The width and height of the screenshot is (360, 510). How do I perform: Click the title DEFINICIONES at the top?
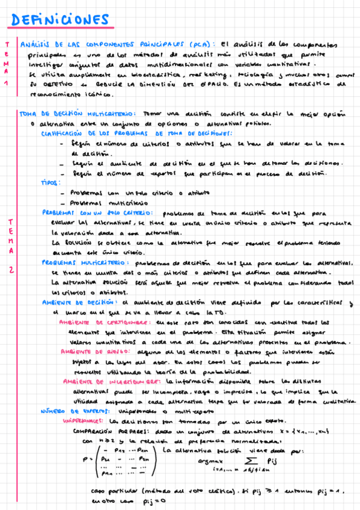click(x=60, y=20)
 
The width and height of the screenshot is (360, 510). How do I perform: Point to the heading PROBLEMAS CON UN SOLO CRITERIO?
click(x=93, y=212)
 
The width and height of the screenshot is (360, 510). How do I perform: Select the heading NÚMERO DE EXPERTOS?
click(x=73, y=411)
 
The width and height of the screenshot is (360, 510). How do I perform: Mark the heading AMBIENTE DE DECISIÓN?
click(x=81, y=302)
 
